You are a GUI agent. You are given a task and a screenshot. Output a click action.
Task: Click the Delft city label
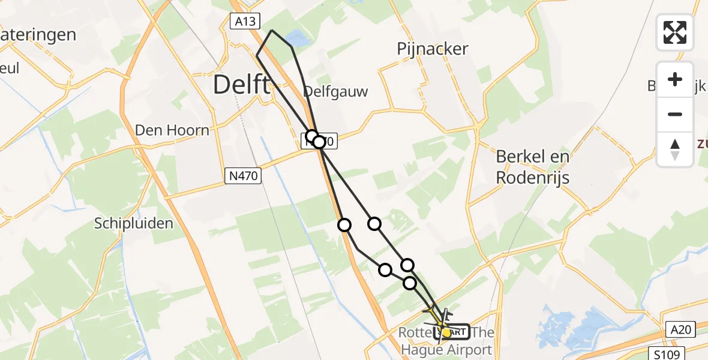pos(241,85)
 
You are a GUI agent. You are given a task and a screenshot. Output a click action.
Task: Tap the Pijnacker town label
pos(433,49)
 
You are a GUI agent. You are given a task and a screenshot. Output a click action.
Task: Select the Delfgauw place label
pos(335,91)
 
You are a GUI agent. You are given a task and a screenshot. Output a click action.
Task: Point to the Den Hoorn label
pos(172,130)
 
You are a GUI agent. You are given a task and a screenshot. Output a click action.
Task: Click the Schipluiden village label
pos(134,224)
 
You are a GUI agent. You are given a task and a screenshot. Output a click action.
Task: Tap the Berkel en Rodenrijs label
pos(532,167)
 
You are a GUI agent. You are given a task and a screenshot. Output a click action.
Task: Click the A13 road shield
pos(245,22)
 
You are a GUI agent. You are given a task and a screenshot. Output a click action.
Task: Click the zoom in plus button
pos(675,79)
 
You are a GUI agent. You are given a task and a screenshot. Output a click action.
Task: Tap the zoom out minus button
pos(675,114)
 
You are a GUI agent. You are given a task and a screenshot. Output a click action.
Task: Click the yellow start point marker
pos(446,332)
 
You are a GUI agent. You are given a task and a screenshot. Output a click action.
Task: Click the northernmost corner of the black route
pos(272,30)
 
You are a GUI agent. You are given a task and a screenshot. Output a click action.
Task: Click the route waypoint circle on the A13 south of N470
pos(344,225)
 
